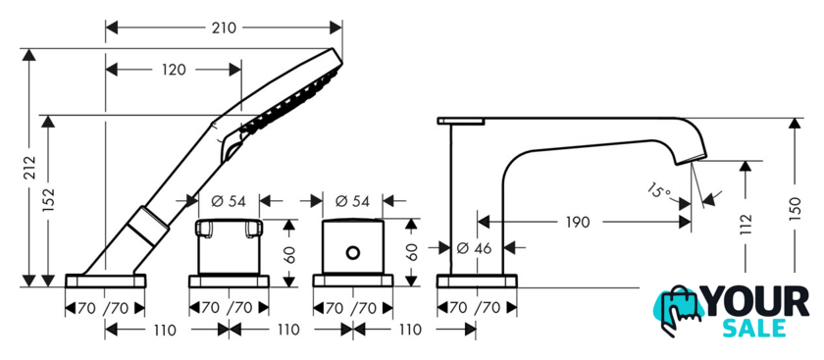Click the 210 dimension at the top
pyautogui.click(x=224, y=27)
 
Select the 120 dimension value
pyautogui.click(x=174, y=70)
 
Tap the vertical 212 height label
pyautogui.click(x=29, y=168)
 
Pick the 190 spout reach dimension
pyautogui.click(x=578, y=222)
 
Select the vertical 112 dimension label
pyautogui.click(x=746, y=225)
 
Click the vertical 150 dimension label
pyautogui.click(x=795, y=209)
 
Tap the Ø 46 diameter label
pyautogui.click(x=475, y=247)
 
